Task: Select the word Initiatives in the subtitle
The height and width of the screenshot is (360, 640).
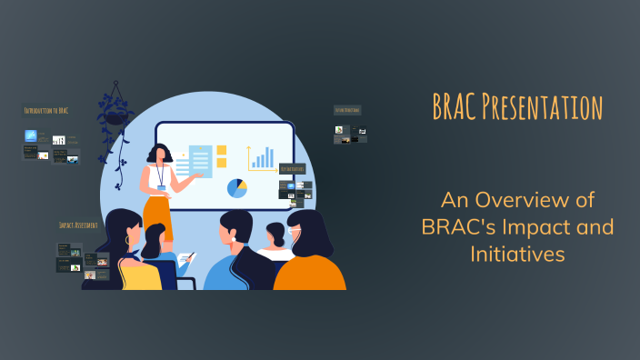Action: [x=518, y=255]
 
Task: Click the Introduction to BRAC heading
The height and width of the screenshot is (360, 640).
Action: [x=46, y=111]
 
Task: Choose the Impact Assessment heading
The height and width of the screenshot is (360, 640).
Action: [x=78, y=225]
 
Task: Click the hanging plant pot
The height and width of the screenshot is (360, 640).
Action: [x=115, y=115]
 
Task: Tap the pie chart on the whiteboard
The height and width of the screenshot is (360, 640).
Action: [x=237, y=188]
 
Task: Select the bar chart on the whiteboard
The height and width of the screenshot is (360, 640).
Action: [x=262, y=159]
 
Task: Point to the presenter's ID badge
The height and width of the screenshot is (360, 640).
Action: [x=161, y=187]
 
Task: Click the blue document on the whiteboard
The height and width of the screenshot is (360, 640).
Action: [x=201, y=162]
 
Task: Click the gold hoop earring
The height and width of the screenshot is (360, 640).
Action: [x=115, y=241]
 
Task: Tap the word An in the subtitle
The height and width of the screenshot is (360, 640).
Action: [x=453, y=199]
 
